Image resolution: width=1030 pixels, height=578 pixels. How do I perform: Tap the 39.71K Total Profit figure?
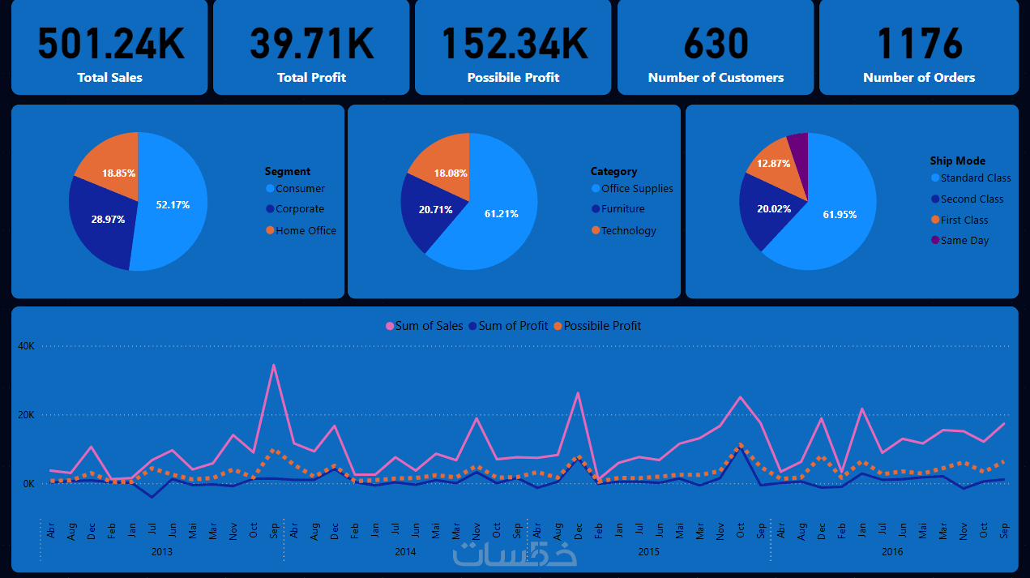312,44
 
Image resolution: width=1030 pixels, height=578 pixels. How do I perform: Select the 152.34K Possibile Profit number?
514,44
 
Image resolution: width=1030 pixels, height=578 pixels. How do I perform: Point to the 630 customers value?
716,44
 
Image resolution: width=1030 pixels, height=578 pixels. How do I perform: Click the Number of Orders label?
919,78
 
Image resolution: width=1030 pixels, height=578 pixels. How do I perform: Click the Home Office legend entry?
306,230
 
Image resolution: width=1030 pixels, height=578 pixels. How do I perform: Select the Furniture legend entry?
622,209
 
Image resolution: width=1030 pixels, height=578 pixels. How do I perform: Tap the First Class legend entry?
964,220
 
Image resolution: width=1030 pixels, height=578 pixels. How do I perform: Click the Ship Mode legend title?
957,161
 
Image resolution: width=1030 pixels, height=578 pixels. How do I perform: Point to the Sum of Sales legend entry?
425,326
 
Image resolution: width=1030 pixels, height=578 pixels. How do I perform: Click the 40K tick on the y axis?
27,346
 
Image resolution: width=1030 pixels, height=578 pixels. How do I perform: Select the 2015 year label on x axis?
648,552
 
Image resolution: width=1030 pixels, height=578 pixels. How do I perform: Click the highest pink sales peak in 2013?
273,365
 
